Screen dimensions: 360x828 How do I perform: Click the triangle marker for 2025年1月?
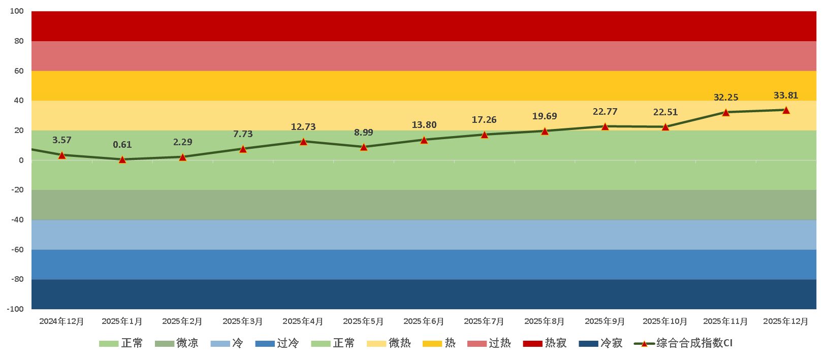pyautogui.click(x=122, y=159)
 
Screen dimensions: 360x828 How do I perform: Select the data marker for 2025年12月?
pyautogui.click(x=786, y=110)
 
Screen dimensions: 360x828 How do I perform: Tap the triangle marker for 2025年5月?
pyautogui.click(x=364, y=147)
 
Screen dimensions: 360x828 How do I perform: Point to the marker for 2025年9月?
pyautogui.click(x=605, y=126)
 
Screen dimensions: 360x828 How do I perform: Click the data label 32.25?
pyautogui.click(x=726, y=97)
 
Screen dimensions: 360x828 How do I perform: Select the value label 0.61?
pyautogui.click(x=122, y=145)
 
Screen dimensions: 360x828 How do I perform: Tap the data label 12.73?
pyautogui.click(x=303, y=127)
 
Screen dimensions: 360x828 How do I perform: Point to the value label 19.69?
pyautogui.click(x=545, y=116)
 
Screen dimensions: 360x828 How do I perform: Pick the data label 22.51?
pyautogui.click(x=665, y=112)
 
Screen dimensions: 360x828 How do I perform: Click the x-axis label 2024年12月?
pyautogui.click(x=61, y=321)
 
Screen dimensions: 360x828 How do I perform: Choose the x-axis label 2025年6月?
pyautogui.click(x=424, y=321)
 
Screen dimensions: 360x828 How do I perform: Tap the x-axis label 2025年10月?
pyautogui.click(x=665, y=321)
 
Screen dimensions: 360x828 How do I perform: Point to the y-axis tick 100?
pyautogui.click(x=17, y=11)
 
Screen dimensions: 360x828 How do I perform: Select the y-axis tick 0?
pyautogui.click(x=21, y=160)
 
